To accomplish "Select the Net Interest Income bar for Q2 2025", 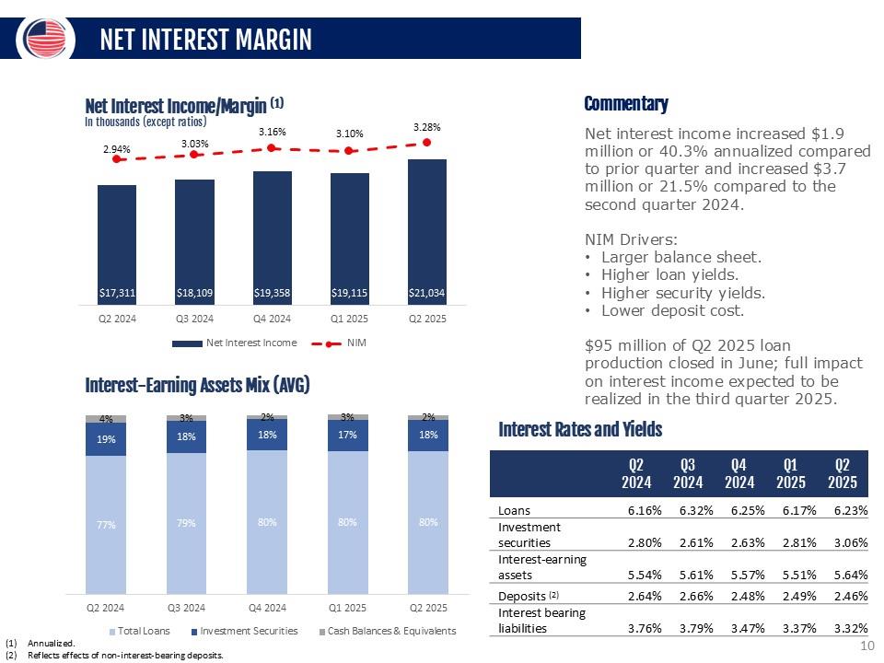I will coord(426,230).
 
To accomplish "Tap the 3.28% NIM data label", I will coord(426,125).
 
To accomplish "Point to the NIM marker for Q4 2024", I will coord(271,147).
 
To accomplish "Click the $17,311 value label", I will coord(117,294).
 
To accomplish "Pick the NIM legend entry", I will coord(349,343).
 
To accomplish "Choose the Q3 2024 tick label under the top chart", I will coord(194,320).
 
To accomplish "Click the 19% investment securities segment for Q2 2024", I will coord(106,439).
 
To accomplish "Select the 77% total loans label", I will coord(106,525).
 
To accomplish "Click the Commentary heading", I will coord(626,103).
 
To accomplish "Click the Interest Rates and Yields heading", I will coord(580,429).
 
